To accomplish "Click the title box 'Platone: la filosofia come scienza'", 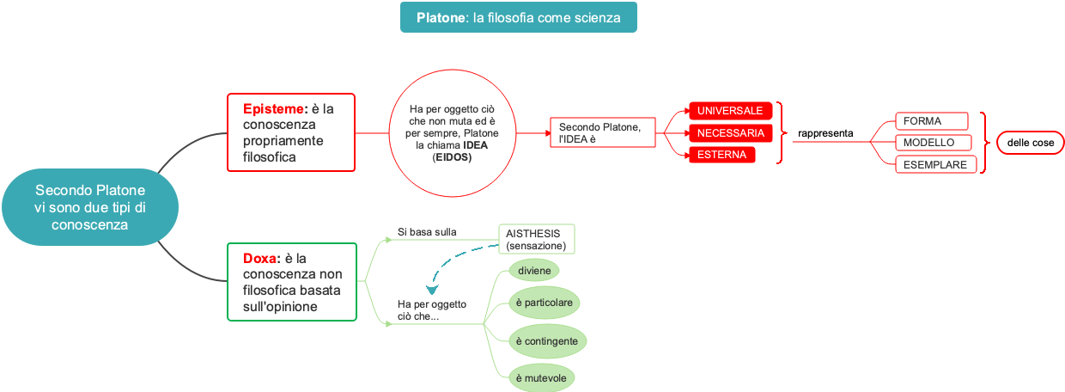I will point(518,17).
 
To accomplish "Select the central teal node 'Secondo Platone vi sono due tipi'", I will point(89,206).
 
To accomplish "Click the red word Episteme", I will point(274,109).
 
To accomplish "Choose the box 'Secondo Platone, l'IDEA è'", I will point(602,132).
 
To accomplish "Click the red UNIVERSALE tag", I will point(730,111).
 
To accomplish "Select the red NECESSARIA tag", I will point(730,133).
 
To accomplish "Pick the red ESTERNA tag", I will point(721,155).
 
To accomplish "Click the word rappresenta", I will point(825,133).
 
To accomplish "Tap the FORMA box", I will point(931,121).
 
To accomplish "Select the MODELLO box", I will point(934,143).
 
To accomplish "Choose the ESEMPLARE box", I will point(935,164).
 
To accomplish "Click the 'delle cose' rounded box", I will point(1030,143).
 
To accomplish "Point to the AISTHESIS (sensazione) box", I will point(537,239).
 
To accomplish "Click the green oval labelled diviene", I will point(533,270).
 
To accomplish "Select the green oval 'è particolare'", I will point(545,303).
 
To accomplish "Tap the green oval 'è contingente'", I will point(547,341).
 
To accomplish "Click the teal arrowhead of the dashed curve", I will point(432,291).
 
